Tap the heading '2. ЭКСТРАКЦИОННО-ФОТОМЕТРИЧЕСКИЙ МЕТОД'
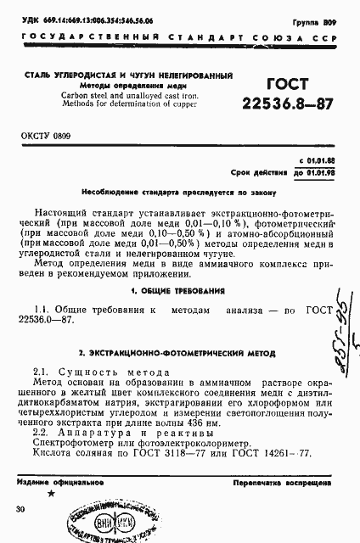[178, 351]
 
